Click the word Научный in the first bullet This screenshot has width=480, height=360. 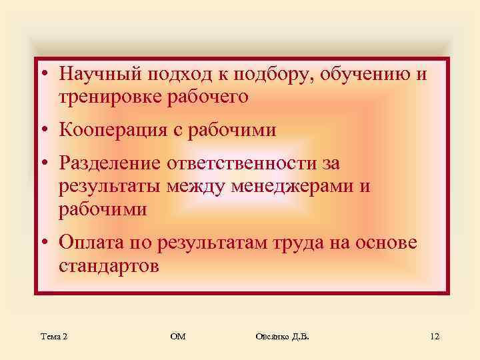pyautogui.click(x=95, y=73)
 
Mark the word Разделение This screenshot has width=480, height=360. pyautogui.click(x=107, y=163)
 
